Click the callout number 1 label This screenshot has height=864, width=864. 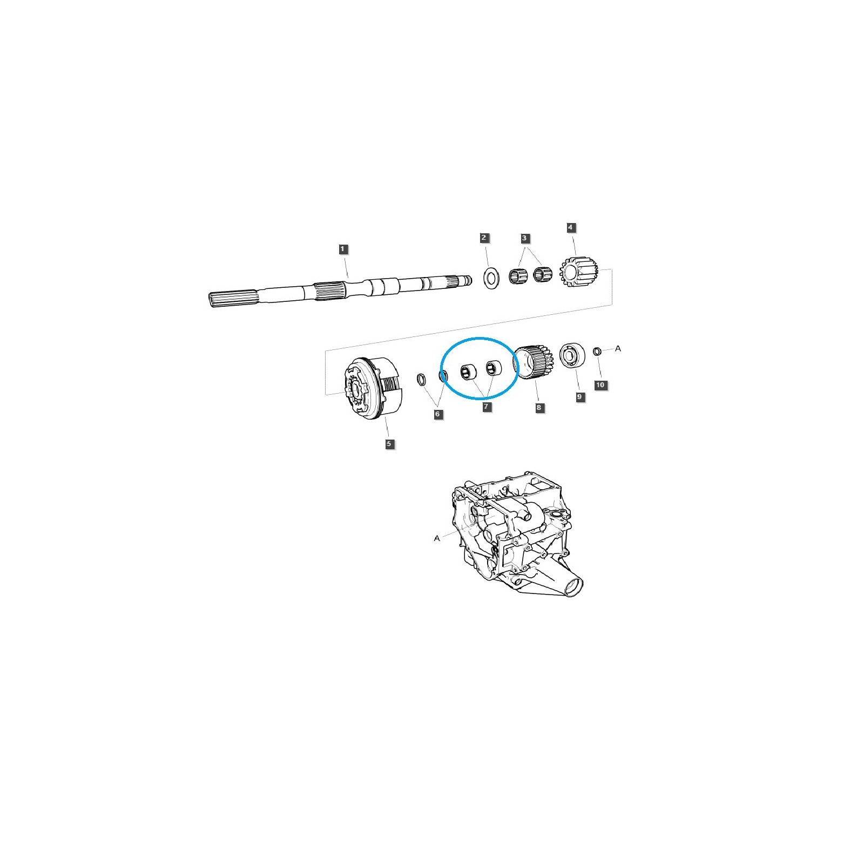tap(343, 249)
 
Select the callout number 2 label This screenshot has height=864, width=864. tap(484, 238)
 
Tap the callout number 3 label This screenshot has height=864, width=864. tap(525, 238)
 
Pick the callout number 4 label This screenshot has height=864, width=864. tap(571, 227)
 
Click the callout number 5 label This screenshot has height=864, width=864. tap(389, 444)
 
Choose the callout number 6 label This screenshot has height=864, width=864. tap(438, 414)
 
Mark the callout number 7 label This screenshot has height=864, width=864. tap(487, 407)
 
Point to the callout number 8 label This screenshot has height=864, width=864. tap(539, 408)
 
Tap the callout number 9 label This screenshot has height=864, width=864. tap(579, 397)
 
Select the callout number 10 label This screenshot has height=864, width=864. tap(600, 385)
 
